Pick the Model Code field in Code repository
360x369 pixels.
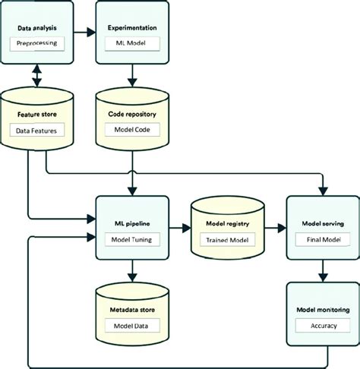pos(134,131)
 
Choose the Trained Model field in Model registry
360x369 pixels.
pos(226,240)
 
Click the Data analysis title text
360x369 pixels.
pos(39,27)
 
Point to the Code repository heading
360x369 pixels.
pos(134,115)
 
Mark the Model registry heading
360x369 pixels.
pos(226,225)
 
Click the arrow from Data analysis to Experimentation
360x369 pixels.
pos(85,33)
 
